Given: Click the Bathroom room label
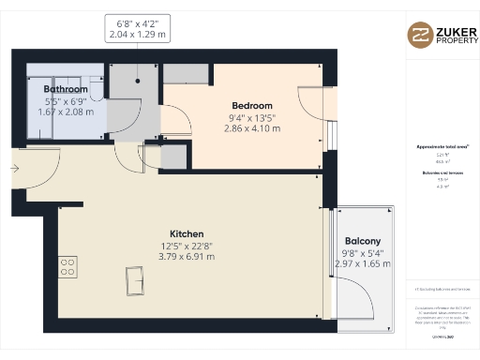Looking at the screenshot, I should (x=67, y=90).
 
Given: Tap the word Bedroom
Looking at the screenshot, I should (x=252, y=105).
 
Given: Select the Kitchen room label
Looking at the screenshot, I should (x=187, y=233).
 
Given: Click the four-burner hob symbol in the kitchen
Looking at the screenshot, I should (x=68, y=267).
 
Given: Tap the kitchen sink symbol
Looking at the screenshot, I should (x=136, y=277).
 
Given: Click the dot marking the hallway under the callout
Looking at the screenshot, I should (x=139, y=80).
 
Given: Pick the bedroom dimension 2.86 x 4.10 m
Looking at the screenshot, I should (x=252, y=127).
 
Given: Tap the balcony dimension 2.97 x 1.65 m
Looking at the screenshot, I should (x=363, y=263).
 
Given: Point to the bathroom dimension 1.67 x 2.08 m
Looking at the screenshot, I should (x=67, y=112).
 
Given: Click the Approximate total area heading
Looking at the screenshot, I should (x=442, y=147).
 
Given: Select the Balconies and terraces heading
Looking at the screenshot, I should (x=442, y=172).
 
